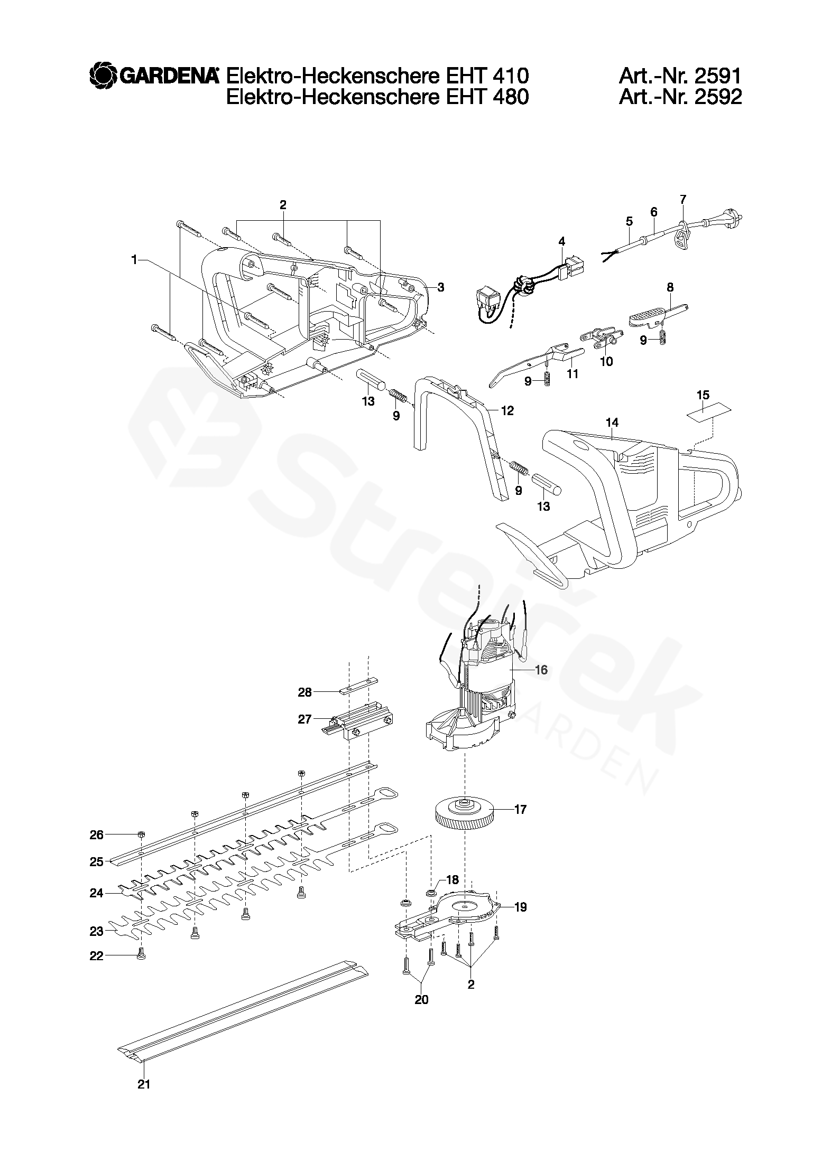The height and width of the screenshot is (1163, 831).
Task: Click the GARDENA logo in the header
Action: click(154, 76)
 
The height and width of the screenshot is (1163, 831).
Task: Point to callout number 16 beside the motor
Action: click(541, 670)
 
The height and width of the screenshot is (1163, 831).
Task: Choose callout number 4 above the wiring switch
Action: click(561, 241)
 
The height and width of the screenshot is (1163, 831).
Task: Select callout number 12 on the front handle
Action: click(507, 410)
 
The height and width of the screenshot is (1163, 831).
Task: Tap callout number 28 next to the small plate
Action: click(305, 692)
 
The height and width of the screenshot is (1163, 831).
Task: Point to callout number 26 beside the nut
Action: click(97, 834)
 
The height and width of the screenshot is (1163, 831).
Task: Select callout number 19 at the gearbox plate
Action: click(520, 907)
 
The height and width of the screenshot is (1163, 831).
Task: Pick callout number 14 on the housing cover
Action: click(612, 423)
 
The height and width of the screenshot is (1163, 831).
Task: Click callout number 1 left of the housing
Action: click(134, 260)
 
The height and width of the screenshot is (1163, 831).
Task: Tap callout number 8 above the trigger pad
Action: click(670, 287)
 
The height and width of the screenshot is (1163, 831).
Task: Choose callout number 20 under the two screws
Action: click(421, 999)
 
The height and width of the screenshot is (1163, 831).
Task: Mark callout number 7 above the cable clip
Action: click(683, 199)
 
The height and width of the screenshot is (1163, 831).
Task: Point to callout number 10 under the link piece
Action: click(607, 362)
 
